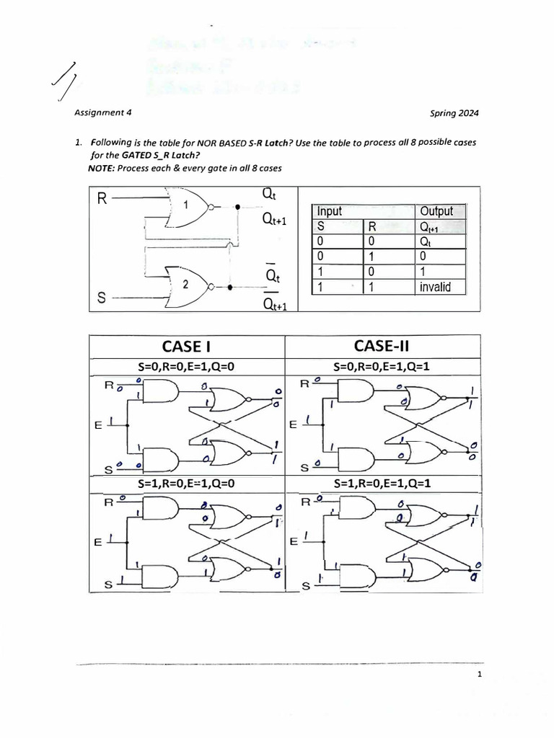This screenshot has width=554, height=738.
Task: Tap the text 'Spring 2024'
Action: [x=454, y=113]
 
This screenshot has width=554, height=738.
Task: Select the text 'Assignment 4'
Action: [x=102, y=113]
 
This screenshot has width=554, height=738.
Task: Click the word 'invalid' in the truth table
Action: [x=434, y=287]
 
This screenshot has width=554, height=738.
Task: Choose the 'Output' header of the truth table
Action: [x=436, y=211]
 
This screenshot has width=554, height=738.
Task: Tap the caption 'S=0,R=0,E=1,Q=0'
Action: [x=188, y=367]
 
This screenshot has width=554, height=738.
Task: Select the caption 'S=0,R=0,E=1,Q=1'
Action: [x=382, y=367]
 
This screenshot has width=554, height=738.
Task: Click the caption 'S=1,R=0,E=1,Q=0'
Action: [x=188, y=484]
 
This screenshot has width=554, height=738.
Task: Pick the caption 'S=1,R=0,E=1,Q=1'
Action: [x=382, y=484]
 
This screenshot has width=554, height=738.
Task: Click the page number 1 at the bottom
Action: [x=478, y=675]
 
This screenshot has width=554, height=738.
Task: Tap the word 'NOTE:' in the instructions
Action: [x=103, y=167]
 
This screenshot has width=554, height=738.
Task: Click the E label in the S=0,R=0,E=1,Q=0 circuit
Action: [x=98, y=425]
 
